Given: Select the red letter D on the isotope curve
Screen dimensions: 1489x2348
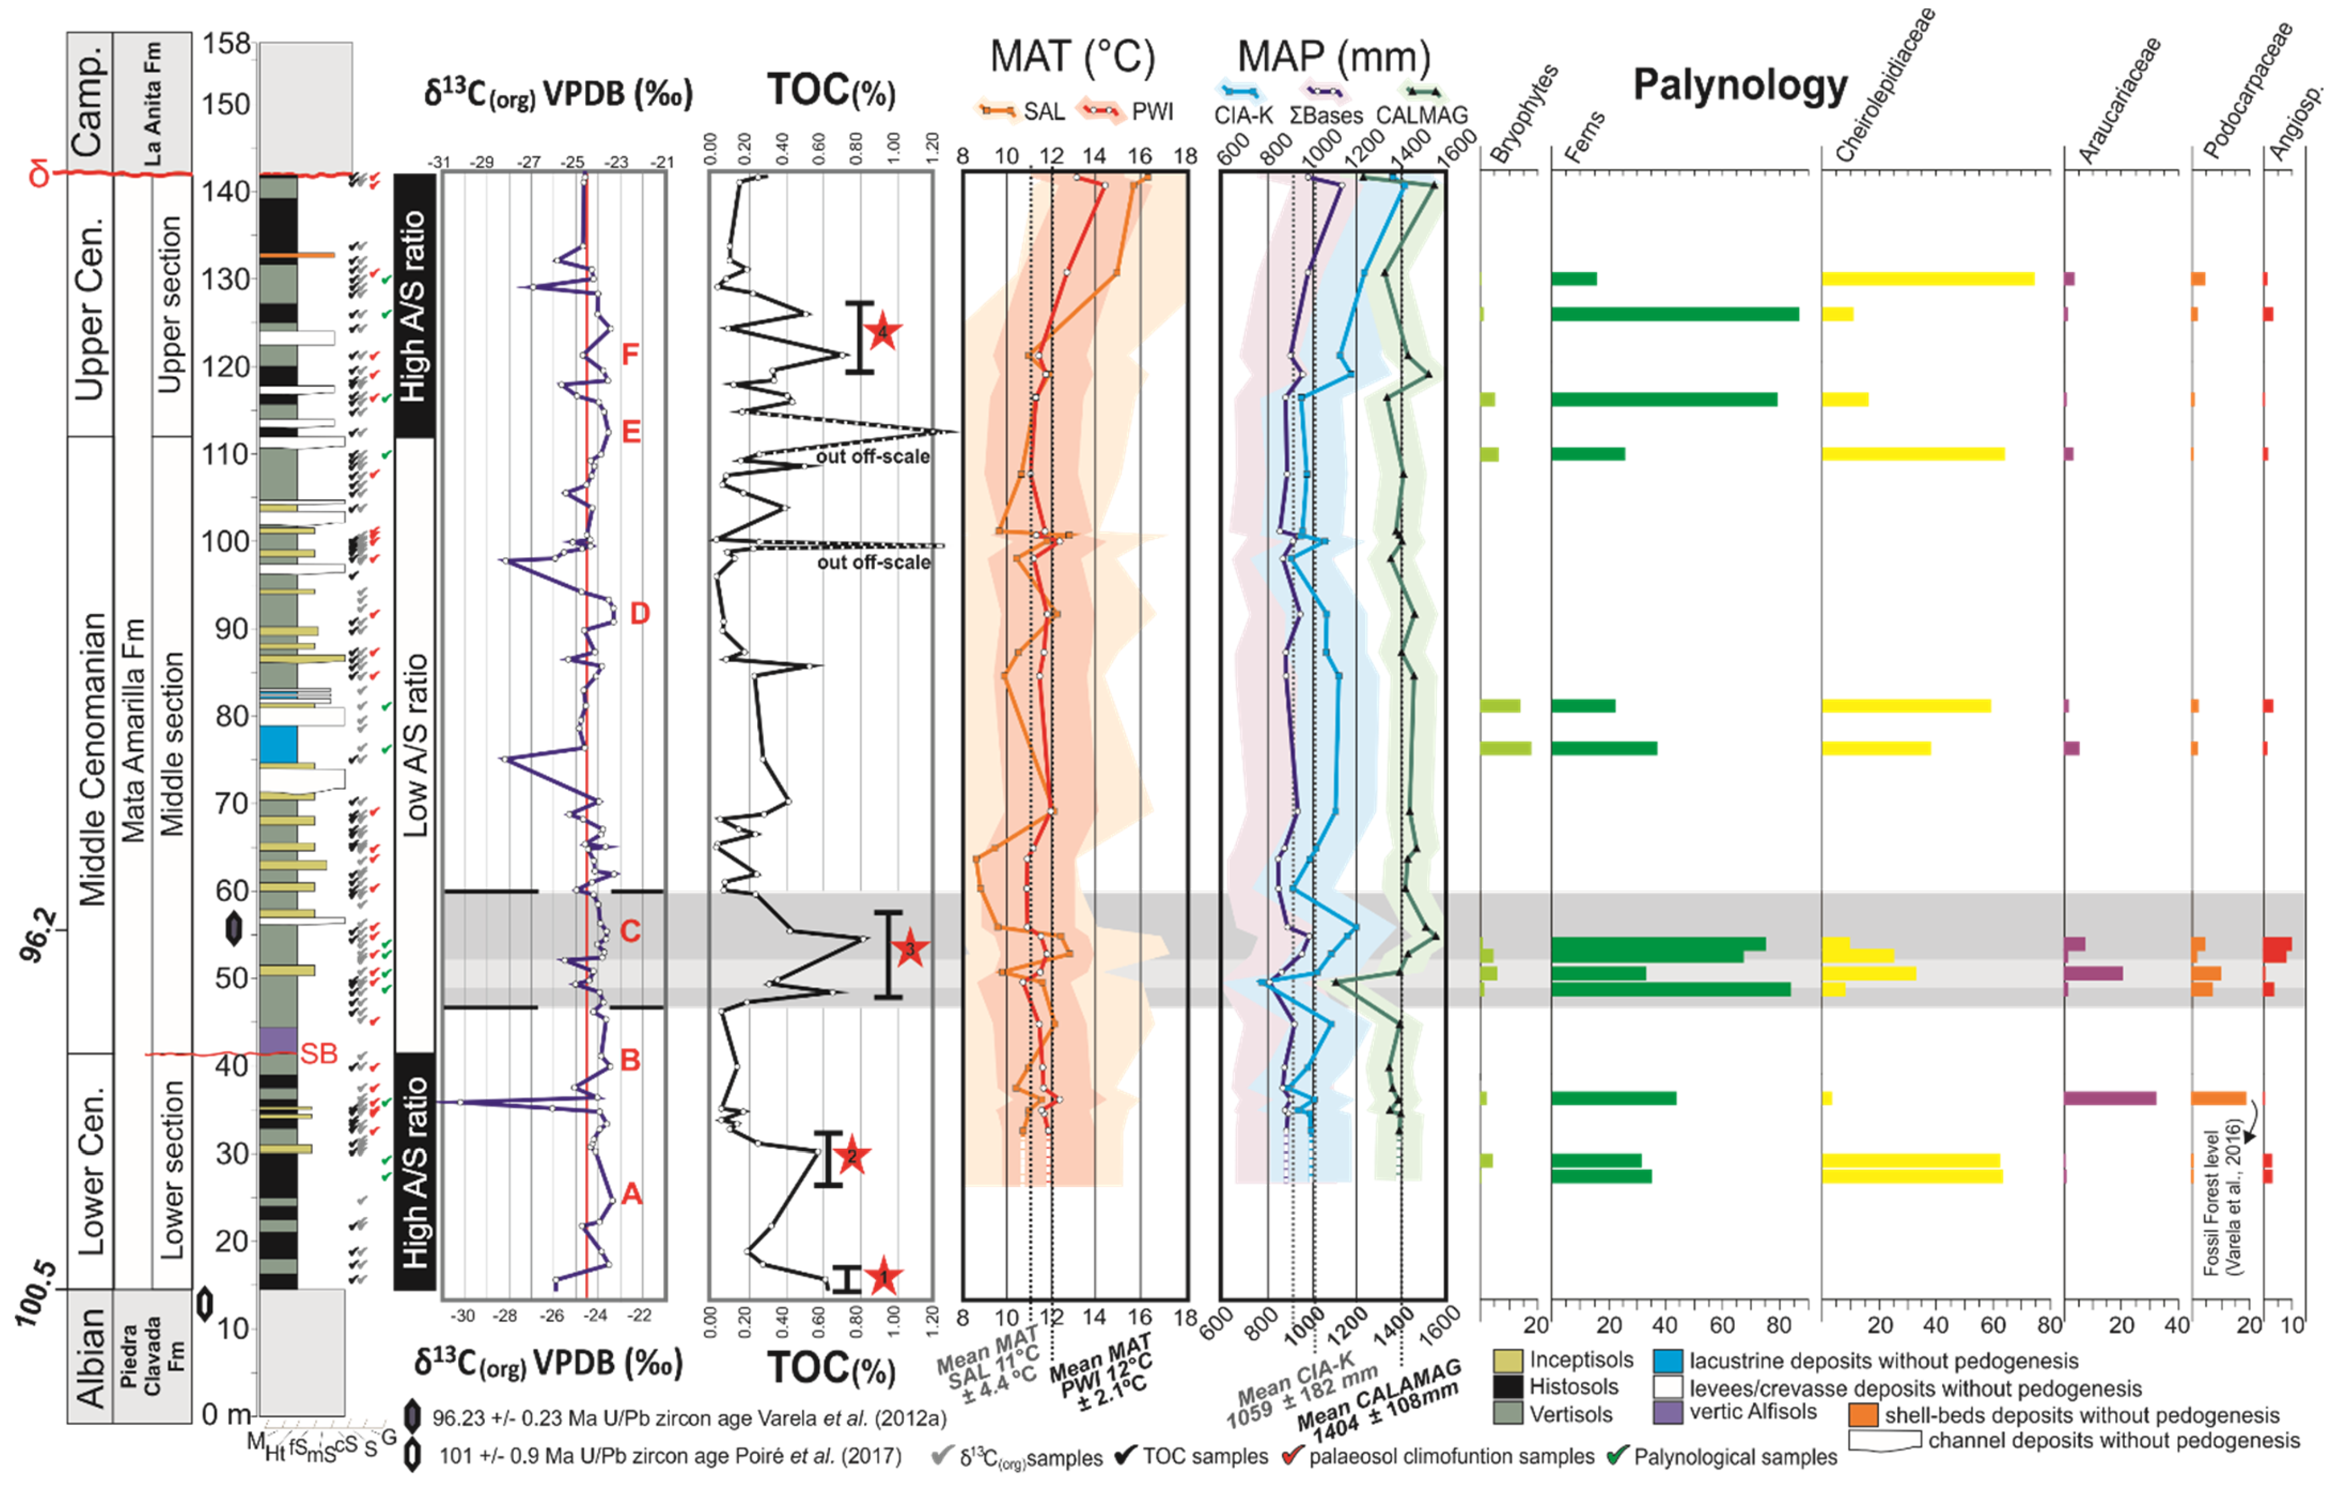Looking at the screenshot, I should point(640,613).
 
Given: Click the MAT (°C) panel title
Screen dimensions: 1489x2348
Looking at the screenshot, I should point(1072,57).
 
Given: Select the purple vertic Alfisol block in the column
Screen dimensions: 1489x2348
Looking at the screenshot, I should point(278,1039).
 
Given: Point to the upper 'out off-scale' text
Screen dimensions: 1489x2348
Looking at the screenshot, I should point(873,457).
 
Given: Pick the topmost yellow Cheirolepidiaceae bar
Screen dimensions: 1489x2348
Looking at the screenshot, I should point(1928,279).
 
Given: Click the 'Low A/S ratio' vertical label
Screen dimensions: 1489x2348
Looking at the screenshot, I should point(416,746).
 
